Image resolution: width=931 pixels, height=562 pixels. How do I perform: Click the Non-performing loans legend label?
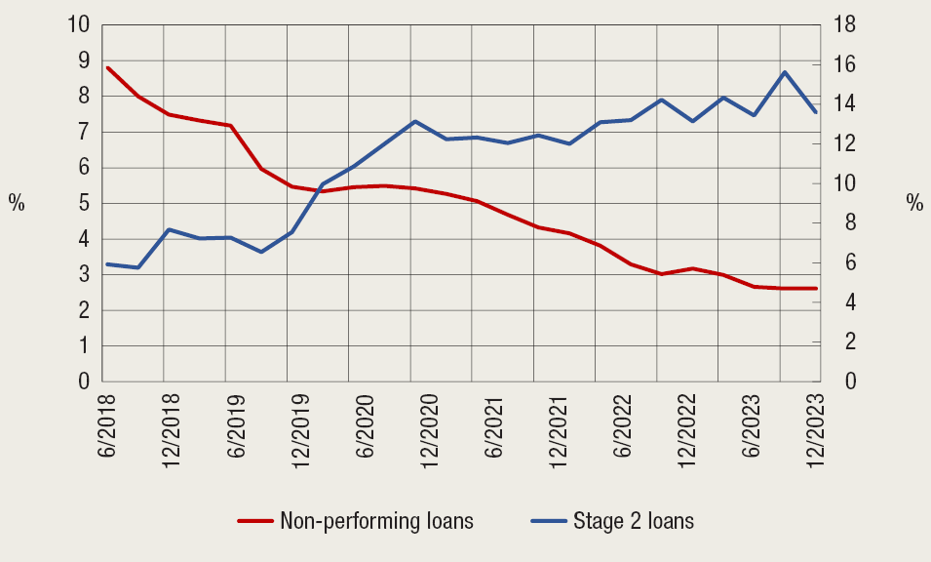[376, 520]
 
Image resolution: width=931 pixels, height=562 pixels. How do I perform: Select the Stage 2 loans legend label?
[634, 520]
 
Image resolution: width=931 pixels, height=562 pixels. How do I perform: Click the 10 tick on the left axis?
[78, 24]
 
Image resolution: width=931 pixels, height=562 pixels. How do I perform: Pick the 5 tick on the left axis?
[85, 203]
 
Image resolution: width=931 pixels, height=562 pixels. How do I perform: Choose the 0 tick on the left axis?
[85, 381]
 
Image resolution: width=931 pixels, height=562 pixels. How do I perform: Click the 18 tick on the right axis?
[845, 24]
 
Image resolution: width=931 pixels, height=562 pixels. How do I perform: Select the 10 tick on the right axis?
[845, 183]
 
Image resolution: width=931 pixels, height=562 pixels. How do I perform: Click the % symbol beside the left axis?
[17, 203]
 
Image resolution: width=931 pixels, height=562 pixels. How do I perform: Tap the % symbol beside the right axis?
[913, 203]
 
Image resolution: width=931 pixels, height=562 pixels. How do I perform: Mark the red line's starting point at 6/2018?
[106, 67]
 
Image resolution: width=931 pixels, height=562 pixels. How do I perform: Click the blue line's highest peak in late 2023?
[785, 72]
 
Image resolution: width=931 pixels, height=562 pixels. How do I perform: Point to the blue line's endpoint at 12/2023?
[816, 112]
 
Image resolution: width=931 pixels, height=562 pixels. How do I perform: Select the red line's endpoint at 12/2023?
[816, 288]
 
